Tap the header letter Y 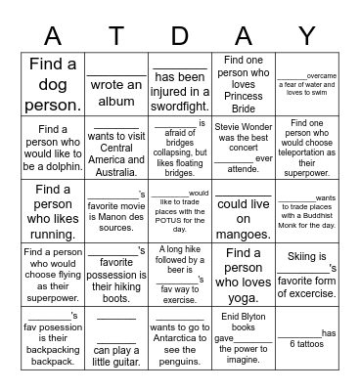(306, 35)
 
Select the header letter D (179, 35)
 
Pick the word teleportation (305, 148)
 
